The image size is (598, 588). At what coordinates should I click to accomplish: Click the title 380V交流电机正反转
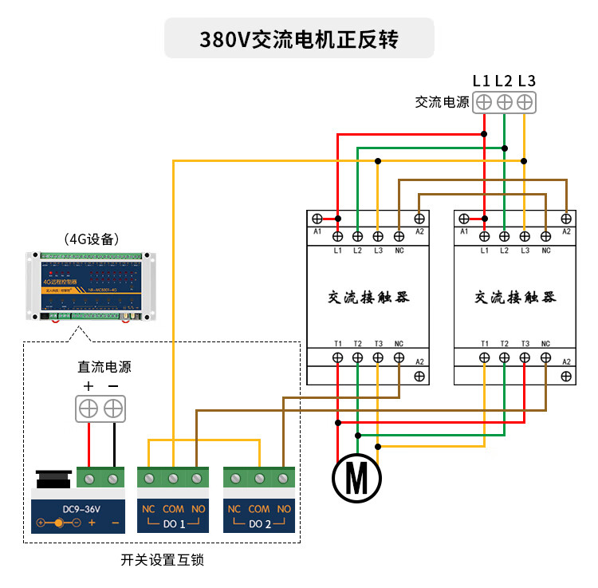tap(299, 39)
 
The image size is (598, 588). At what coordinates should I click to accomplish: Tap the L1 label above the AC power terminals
tap(481, 81)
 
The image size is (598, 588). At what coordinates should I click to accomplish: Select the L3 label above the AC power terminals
tap(526, 81)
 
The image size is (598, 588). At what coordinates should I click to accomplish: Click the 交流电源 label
tap(441, 102)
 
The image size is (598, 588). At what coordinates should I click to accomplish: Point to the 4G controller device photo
tap(90, 286)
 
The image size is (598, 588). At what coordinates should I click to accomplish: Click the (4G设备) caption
tap(91, 239)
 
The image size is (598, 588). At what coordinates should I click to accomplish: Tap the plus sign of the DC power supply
tap(89, 387)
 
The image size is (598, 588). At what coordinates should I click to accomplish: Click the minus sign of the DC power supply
tap(113, 387)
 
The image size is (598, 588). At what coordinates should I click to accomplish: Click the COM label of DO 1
tap(173, 509)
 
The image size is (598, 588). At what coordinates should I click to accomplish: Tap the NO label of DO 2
tap(284, 509)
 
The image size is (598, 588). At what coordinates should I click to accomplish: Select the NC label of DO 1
tap(148, 509)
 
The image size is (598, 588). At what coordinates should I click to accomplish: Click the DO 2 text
tap(259, 524)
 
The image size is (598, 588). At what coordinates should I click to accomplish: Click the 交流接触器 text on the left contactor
tap(368, 298)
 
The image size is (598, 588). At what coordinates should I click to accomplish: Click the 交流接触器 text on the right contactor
tap(515, 298)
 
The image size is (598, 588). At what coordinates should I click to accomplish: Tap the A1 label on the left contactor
tap(317, 232)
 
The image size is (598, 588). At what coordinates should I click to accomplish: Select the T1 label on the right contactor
tap(485, 344)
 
